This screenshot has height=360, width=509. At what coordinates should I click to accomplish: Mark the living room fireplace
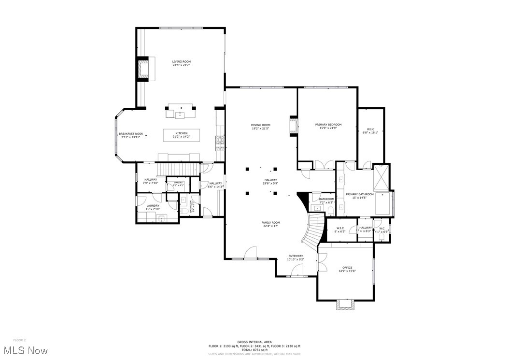[x=144, y=69]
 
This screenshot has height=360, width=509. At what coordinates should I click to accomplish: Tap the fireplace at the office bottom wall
[x=345, y=304]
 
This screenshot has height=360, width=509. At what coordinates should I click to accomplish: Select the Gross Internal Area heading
[x=254, y=342]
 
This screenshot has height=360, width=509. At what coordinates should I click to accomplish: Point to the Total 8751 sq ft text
[x=254, y=349]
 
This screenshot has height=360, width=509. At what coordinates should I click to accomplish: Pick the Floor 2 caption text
[x=19, y=340]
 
